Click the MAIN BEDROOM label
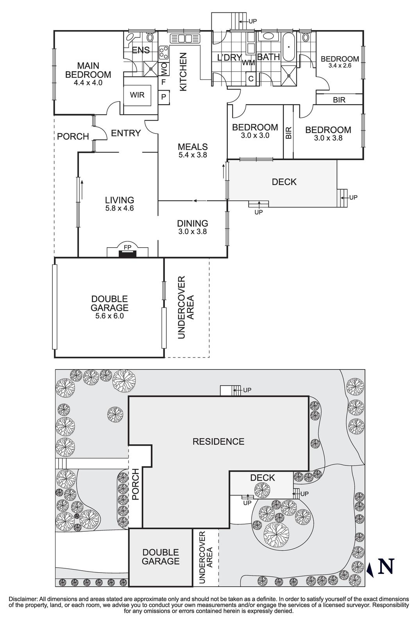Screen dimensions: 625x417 coord(88,70)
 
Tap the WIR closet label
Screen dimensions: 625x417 coord(137,95)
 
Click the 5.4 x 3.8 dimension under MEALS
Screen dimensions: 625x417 coord(192,155)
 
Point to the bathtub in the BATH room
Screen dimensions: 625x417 coord(289,47)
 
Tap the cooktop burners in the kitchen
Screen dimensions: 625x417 coord(164,52)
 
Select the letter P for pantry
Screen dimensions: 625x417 coord(164,96)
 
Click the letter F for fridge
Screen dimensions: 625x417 coord(164,82)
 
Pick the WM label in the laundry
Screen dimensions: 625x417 coord(249,62)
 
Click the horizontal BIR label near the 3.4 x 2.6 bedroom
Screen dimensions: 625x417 coord(339,100)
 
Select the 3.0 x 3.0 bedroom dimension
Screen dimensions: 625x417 coord(255,136)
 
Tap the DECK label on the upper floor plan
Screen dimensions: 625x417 coord(284,182)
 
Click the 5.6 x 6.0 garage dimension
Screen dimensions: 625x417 coord(109,316)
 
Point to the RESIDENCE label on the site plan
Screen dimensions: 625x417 coord(218,441)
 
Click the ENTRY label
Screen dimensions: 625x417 coord(126,133)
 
